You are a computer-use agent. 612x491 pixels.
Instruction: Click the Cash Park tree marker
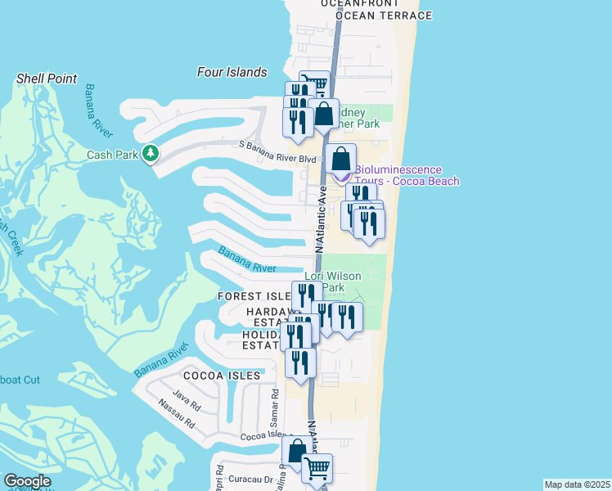[150, 153]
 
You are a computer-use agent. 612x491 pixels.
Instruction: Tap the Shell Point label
[47, 79]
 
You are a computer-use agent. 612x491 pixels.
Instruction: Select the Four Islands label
[232, 72]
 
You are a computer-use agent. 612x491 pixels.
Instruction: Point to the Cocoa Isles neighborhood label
[222, 376]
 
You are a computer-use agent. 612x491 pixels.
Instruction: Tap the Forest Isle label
[254, 295]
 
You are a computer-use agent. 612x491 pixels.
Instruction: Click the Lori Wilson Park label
[333, 282]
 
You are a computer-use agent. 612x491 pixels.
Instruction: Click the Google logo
[27, 481]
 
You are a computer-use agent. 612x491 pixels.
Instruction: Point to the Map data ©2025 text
[576, 484]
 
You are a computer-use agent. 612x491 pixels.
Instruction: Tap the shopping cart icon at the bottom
[317, 469]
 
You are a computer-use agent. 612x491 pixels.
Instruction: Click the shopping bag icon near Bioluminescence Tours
[341, 159]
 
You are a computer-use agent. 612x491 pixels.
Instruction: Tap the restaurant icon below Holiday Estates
[300, 363]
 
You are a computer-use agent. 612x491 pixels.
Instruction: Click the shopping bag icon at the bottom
[297, 449]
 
